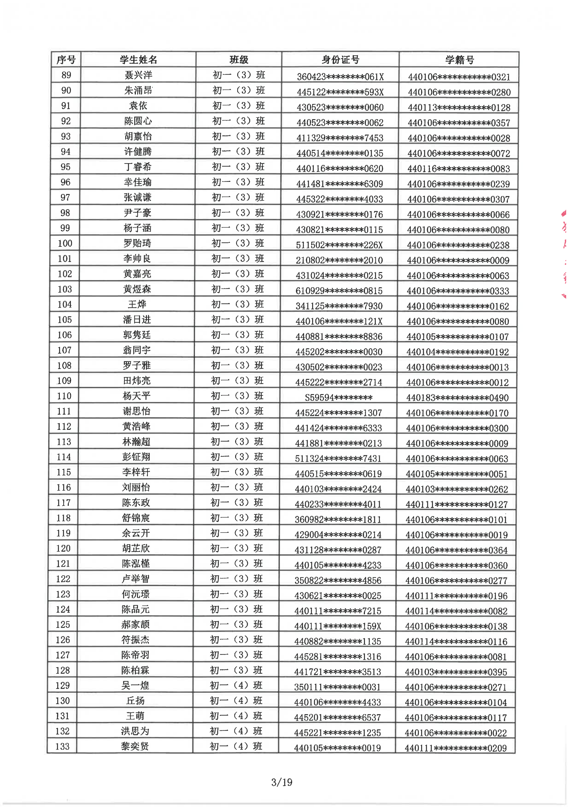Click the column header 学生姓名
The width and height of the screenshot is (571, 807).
(138, 60)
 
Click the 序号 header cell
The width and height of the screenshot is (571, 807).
(66, 60)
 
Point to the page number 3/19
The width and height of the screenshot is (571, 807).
(282, 783)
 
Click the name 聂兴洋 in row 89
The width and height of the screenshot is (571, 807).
(138, 75)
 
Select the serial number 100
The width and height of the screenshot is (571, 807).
(65, 243)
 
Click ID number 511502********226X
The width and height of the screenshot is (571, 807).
(339, 245)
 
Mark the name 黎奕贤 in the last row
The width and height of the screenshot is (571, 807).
(135, 746)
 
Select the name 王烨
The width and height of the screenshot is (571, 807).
(137, 304)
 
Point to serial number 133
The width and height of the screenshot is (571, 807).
(62, 746)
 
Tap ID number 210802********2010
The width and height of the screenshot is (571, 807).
(339, 260)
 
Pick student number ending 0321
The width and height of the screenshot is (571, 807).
(459, 77)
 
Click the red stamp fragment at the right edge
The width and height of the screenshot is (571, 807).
(564, 253)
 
